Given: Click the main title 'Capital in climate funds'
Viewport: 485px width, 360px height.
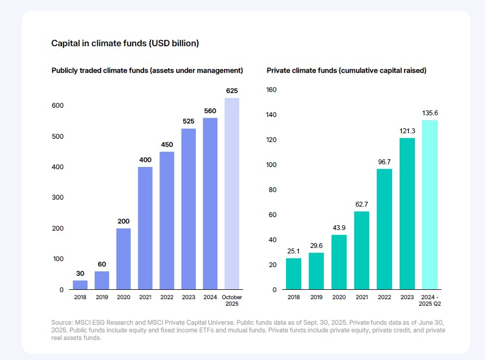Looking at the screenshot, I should point(125,43).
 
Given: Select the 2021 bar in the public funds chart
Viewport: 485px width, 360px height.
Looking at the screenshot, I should point(145,228).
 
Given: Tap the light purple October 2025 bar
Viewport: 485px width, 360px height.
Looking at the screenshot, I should point(232,194).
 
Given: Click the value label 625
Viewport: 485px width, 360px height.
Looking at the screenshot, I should point(232,91).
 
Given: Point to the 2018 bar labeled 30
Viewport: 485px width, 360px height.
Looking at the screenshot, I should point(80,284).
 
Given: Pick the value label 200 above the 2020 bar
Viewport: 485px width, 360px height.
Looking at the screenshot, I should point(123,221).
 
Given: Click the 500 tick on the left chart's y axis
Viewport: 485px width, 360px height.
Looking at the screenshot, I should point(58,136).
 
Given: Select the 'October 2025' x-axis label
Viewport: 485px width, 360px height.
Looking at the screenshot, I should point(232,300).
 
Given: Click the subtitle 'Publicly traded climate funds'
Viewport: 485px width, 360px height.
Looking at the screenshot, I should point(147,71).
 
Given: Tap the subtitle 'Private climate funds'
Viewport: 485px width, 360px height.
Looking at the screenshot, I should point(346,71).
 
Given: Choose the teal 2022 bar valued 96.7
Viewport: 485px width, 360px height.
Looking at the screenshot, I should point(384,229).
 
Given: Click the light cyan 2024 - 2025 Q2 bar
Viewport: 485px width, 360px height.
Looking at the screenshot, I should point(430,204).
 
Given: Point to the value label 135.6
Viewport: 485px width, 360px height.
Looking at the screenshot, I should point(430,113).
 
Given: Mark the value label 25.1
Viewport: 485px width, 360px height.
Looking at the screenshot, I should point(293,251).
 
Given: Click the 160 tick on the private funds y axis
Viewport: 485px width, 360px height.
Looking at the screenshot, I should point(271,90).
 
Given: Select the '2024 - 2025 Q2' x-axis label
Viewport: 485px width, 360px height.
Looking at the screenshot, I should point(430,300).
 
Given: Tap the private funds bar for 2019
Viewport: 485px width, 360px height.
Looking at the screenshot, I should point(316,271).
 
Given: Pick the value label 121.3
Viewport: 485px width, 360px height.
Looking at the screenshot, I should point(407,131).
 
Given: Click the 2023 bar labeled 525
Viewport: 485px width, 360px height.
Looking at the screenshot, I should point(189,209).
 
